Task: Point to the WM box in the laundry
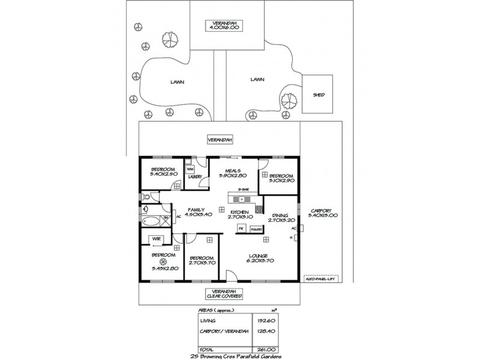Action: click(190, 169)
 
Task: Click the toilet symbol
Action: click(147, 196)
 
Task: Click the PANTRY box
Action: click(257, 229)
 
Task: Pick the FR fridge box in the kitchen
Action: click(241, 229)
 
